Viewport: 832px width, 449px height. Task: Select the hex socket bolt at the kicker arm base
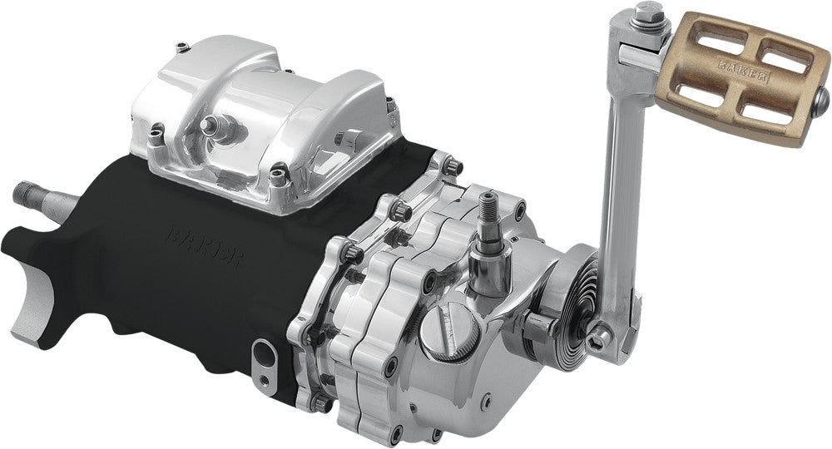click(x=598, y=335)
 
